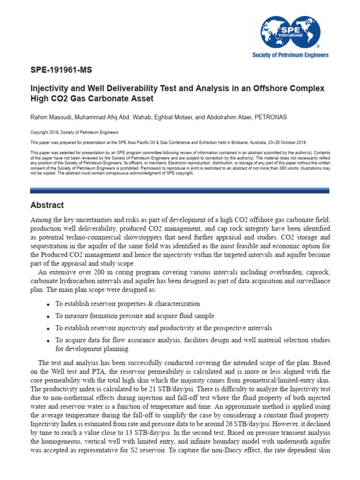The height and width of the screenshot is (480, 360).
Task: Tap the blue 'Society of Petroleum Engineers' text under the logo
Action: pyautogui.click(x=291, y=55)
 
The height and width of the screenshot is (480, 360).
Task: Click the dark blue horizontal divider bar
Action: pyautogui.click(x=180, y=190)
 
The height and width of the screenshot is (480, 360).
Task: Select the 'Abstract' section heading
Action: pyautogui.click(x=47, y=205)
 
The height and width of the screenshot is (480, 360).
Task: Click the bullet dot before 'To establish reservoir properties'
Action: pyautogui.click(x=49, y=305)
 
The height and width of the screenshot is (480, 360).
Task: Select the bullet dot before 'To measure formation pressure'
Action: pyautogui.click(x=49, y=316)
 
